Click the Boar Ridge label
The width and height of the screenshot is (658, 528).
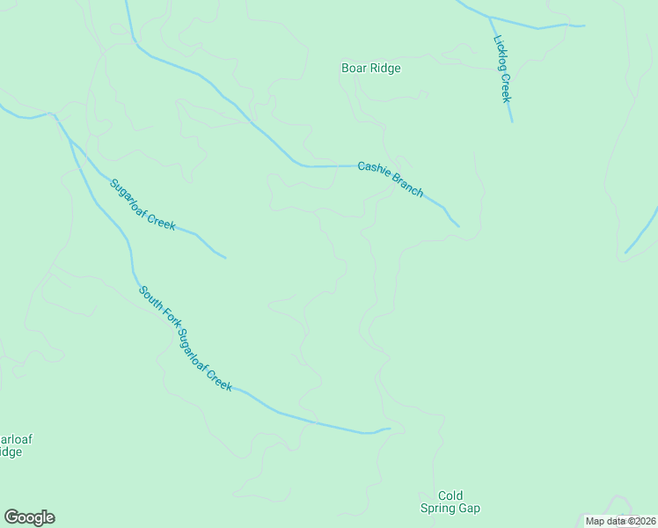point(370,68)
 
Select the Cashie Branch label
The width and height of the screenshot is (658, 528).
point(391,179)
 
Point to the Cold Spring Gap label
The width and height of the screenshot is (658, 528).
point(449,502)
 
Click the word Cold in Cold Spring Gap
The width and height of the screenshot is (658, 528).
point(450,495)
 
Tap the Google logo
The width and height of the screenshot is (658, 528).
point(29,517)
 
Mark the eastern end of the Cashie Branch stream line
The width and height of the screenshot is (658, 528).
point(459,226)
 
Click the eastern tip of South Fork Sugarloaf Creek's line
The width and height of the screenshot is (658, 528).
point(389,429)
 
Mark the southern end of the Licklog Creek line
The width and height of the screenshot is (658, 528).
point(512,121)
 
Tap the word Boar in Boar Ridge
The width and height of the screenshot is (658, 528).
point(355,68)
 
